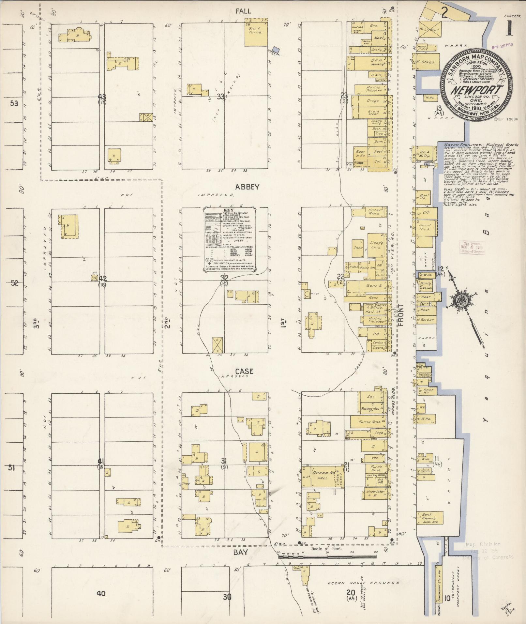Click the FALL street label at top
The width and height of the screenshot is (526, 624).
[243, 11]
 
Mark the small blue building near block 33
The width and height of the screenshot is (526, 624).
[276, 49]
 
